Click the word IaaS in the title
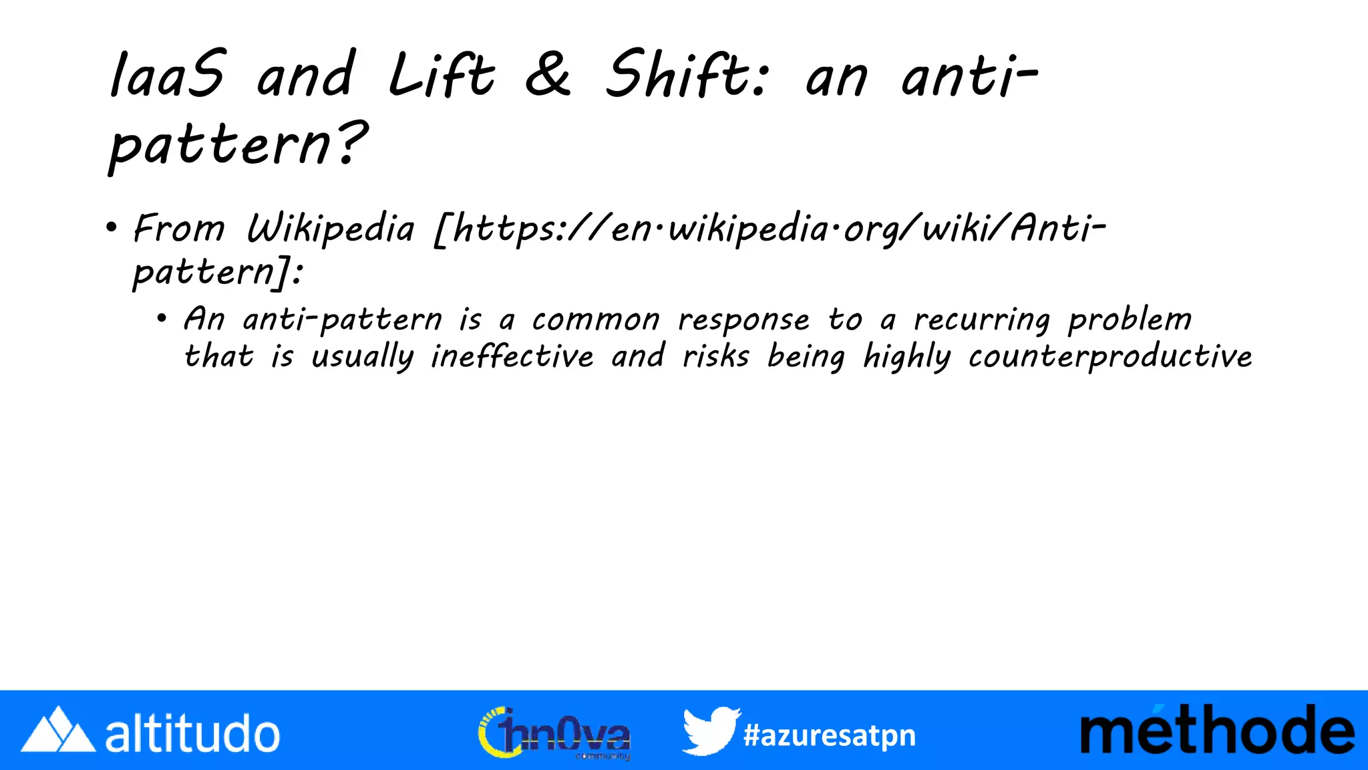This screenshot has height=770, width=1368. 167,75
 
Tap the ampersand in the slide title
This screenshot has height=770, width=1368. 548,75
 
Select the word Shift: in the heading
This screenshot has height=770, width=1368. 688,75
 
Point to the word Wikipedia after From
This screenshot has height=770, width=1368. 331,229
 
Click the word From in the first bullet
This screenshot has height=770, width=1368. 179,229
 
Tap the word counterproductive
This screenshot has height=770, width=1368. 1110,356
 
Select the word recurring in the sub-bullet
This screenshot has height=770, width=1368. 982,320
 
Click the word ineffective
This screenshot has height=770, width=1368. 512,356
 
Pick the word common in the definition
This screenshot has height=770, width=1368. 596,320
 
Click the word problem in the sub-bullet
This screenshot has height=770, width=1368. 1130,320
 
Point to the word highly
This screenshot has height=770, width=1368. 906,357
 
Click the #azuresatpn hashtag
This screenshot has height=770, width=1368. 829,735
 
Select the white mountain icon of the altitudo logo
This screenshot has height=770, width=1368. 58,730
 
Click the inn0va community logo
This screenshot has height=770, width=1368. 554,733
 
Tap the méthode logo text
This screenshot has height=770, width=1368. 1217,731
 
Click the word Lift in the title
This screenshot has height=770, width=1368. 442,75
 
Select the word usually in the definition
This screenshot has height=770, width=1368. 362,357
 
